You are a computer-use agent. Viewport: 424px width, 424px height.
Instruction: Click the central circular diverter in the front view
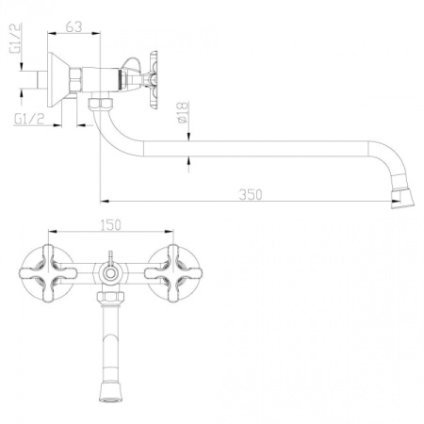(x=112, y=274)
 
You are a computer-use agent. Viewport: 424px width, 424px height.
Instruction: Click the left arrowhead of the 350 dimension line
(x=103, y=200)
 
